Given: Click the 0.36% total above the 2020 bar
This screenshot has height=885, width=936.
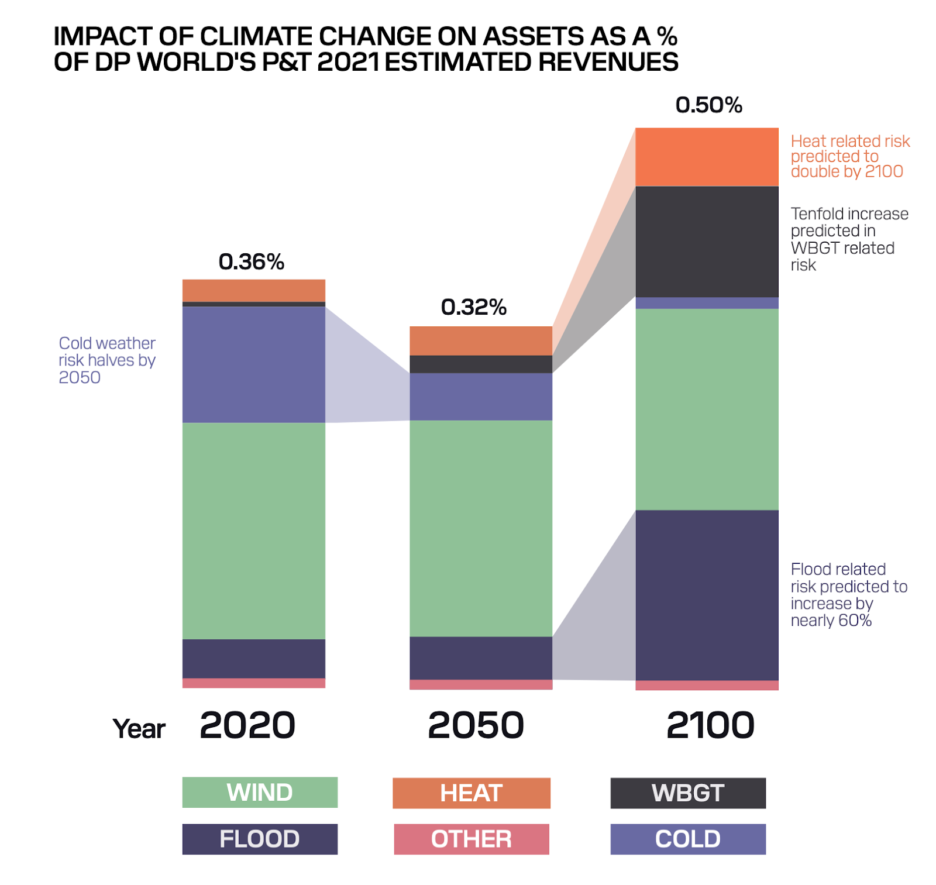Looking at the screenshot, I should click(251, 261).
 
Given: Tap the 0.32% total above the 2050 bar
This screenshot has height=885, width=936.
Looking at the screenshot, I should click(473, 307).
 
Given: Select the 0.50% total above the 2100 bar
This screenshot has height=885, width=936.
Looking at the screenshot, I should click(708, 105).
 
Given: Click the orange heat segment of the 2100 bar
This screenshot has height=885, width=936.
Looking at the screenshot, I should click(707, 157).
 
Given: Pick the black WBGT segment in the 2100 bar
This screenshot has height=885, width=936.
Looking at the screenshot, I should click(707, 242).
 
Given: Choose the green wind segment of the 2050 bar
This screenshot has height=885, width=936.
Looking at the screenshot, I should click(481, 528).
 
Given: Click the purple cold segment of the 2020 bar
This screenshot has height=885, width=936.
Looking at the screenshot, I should click(254, 364).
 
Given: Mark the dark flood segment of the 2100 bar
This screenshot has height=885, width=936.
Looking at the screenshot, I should click(707, 595).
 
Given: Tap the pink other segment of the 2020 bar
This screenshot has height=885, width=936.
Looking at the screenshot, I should click(254, 683).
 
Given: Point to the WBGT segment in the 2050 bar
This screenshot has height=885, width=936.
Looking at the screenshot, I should click(481, 364).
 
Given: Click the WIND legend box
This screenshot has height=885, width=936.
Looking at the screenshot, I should click(260, 792).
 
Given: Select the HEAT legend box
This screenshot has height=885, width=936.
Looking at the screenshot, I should click(472, 793).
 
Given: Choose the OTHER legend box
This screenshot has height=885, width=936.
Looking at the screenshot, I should click(472, 839).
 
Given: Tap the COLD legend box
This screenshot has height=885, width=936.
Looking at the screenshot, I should click(688, 839).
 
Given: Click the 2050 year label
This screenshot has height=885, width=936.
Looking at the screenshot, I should click(476, 725).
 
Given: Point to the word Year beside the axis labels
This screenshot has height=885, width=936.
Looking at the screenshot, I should click(139, 729).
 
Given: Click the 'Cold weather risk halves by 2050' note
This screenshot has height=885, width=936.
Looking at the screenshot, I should click(106, 360).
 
